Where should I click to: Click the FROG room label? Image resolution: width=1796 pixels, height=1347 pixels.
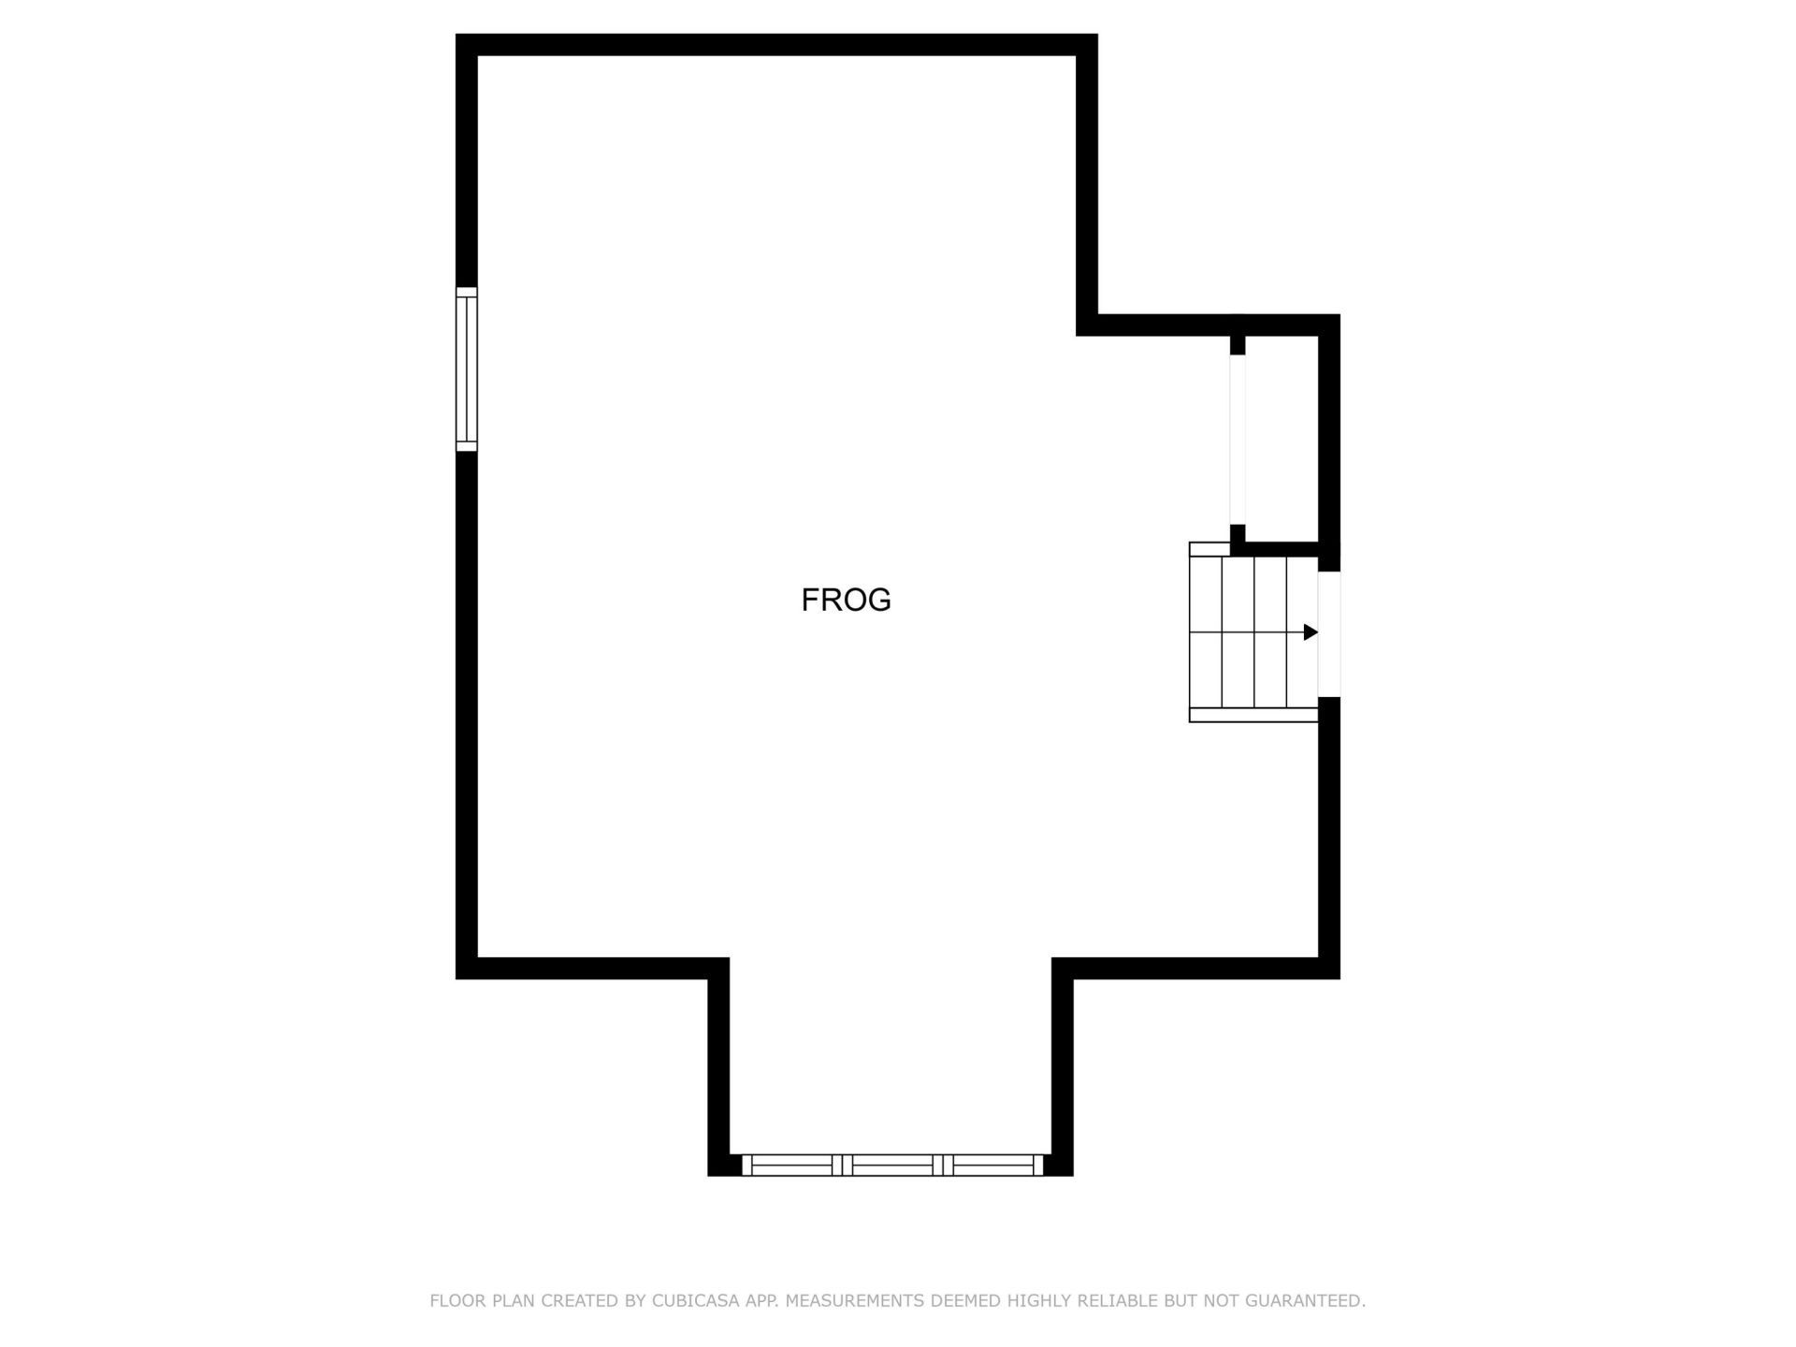846,600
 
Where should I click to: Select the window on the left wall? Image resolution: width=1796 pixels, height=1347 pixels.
466,369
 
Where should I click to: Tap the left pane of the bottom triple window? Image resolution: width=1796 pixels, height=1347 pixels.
791,1165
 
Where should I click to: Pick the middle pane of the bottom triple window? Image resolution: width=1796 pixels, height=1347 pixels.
892,1165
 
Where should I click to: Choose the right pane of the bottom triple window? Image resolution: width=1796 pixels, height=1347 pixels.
992,1165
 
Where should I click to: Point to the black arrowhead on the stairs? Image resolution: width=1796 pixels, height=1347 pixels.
1311,632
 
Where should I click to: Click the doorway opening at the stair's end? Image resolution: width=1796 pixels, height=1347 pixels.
1329,634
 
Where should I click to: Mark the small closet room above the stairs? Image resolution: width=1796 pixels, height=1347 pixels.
1282,438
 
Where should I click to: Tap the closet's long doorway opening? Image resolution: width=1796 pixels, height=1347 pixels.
1238,440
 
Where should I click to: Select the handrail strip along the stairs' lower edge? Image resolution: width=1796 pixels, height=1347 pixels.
1253,715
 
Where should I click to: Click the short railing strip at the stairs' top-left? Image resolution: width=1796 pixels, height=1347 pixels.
1209,549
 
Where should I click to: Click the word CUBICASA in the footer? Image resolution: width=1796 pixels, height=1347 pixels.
695,1300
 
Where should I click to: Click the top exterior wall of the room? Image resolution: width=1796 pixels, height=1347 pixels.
775,45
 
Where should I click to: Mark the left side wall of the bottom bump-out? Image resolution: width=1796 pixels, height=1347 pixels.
718,1066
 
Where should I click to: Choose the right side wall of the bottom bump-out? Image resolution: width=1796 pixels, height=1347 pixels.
1063,1066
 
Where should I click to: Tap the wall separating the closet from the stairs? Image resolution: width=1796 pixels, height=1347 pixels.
1282,549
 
